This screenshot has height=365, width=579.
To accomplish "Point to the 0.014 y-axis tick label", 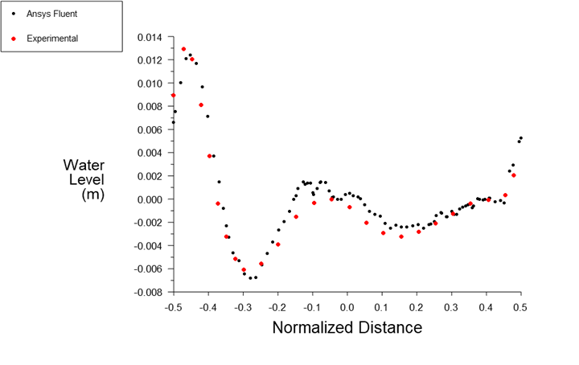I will click(x=150, y=37).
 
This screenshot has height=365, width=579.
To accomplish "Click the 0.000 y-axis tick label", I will click(x=150, y=199).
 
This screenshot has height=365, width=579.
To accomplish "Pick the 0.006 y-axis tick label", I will click(x=150, y=129).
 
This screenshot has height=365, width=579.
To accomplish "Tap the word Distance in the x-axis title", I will click(x=395, y=328).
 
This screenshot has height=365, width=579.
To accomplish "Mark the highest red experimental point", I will click(x=183, y=49).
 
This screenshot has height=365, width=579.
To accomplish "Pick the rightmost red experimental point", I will click(x=513, y=175).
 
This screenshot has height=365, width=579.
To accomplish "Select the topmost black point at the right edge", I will click(x=521, y=138).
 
